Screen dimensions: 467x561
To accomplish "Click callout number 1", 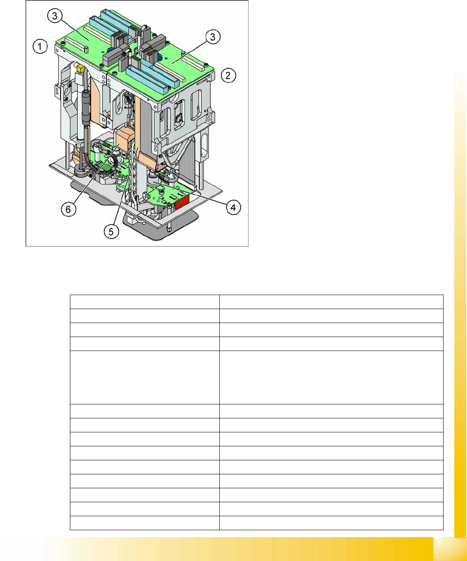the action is [40, 46].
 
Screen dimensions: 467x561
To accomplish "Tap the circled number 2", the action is [228, 75].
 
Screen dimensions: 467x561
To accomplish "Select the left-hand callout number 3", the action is [55, 16].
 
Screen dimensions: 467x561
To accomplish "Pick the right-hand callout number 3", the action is [213, 37].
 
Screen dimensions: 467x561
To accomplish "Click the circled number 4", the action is [233, 207].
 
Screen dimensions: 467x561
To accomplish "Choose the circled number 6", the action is [68, 209].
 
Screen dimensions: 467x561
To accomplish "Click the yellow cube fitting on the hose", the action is [80, 68].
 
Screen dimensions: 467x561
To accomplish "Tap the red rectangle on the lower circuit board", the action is [182, 202].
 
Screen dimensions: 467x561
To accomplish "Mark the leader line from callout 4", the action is [190, 193].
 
